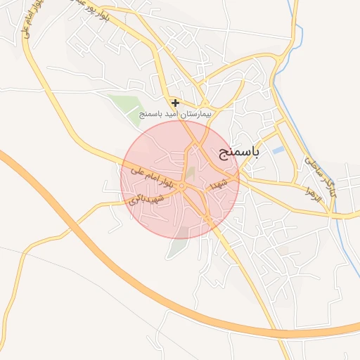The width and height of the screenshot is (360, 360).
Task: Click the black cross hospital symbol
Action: point(175,103)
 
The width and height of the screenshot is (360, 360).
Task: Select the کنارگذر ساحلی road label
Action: point(320,174)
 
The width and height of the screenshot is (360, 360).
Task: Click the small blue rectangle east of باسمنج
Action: point(279,150)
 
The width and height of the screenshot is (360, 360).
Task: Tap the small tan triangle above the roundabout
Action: point(190,172)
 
